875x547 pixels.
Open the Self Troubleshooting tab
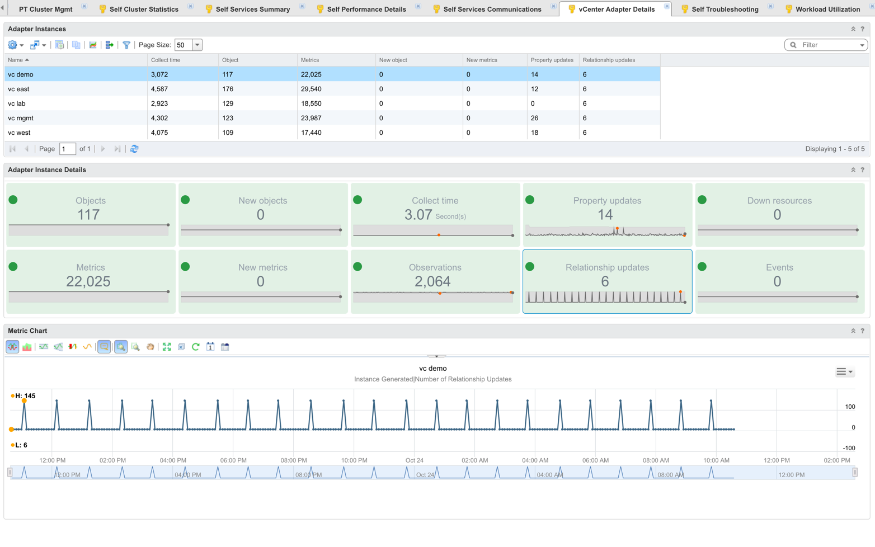725,9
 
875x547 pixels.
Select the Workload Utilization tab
827,9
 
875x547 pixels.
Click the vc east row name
18,89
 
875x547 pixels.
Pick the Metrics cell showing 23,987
311,118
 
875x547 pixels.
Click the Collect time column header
166,60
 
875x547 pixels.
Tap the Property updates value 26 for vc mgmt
534,118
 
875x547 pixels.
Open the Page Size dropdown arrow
197,45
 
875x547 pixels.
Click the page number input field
67,149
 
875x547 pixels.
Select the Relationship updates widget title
607,267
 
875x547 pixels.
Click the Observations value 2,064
432,281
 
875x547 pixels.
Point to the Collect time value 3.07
418,215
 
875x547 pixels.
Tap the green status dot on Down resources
702,200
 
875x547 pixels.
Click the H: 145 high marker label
25,396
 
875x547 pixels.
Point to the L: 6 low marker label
21,445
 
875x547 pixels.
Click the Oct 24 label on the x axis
414,460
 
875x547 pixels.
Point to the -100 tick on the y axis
849,448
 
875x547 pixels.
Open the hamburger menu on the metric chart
844,371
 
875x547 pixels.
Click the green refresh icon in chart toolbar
196,347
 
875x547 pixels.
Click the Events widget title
779,267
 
